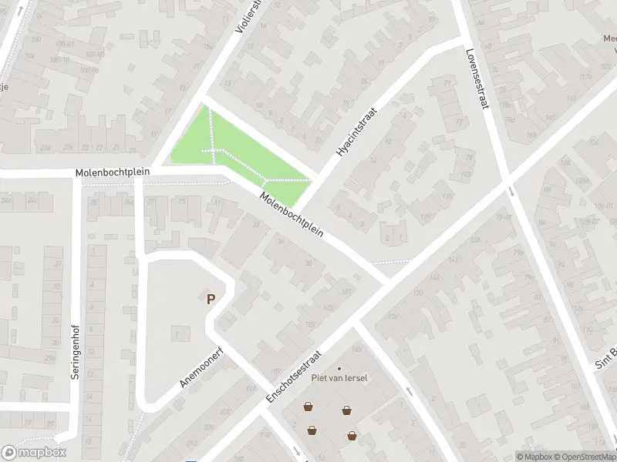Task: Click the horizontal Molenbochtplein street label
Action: tap(113, 172)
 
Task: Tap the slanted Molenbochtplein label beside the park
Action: tap(291, 215)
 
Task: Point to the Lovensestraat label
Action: tap(477, 79)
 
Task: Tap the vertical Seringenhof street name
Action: tap(76, 350)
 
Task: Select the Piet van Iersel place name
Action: tap(339, 377)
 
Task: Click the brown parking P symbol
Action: tap(210, 299)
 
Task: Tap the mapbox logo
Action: tap(34, 453)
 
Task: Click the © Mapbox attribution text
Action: tap(533, 456)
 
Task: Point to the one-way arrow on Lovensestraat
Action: tap(510, 190)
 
